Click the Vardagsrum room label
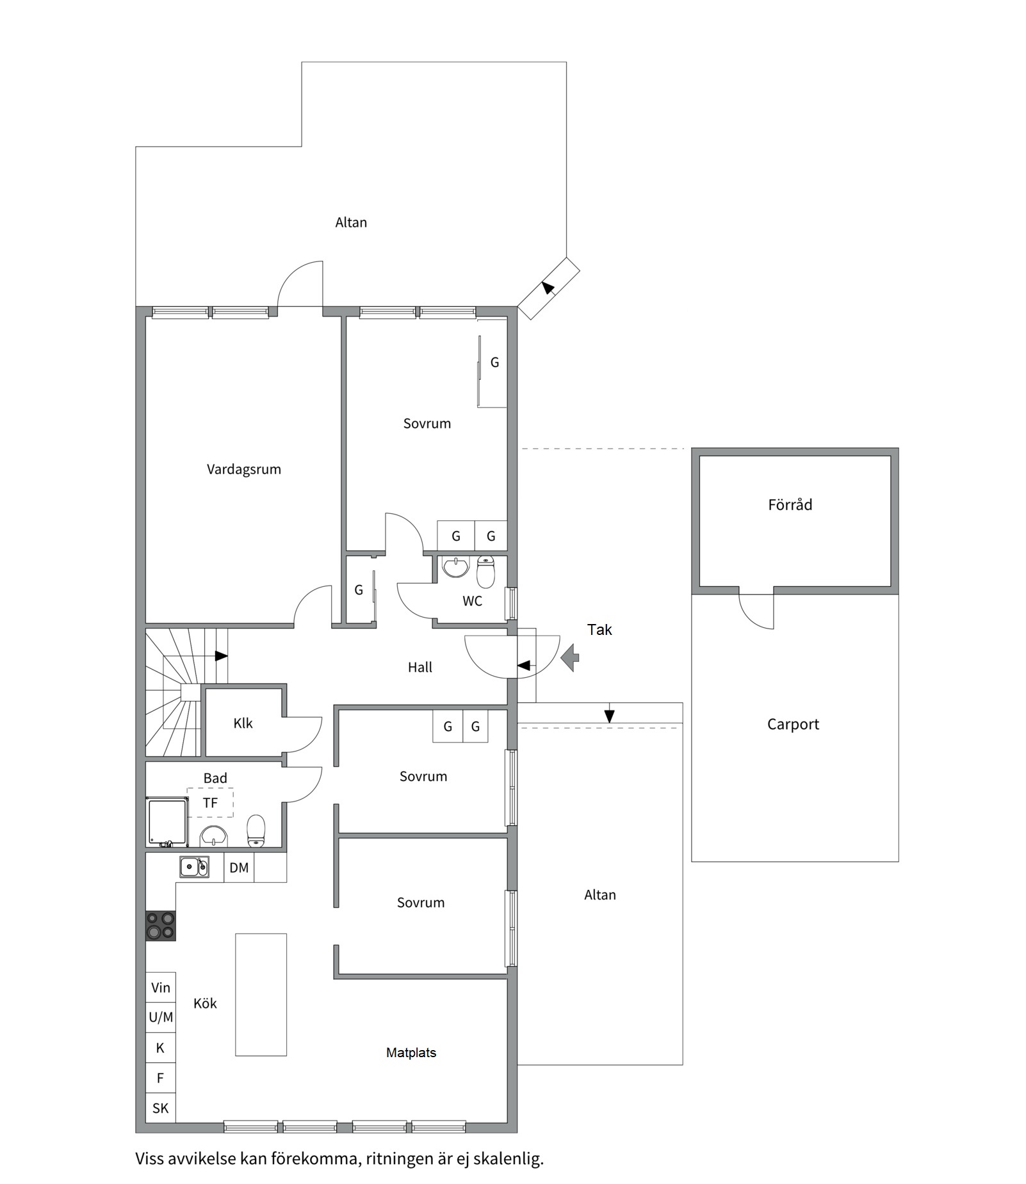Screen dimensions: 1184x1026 (x=243, y=469)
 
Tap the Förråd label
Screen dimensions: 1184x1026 (x=790, y=505)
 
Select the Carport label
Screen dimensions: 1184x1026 (x=793, y=725)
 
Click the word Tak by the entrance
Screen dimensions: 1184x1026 (x=599, y=630)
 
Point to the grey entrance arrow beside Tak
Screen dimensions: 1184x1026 (x=569, y=658)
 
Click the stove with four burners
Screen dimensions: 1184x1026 (x=161, y=926)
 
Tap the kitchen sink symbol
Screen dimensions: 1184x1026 (x=193, y=867)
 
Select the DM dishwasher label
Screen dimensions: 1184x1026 (x=239, y=868)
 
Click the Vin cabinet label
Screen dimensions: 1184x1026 (x=161, y=988)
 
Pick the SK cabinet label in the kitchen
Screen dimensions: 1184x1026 (x=161, y=1108)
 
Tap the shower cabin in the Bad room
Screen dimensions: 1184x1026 (x=167, y=821)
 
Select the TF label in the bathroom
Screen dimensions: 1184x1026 (x=210, y=803)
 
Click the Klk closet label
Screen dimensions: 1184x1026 (x=243, y=723)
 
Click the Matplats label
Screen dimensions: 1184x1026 (x=411, y=1053)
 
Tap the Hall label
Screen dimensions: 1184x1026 (x=420, y=668)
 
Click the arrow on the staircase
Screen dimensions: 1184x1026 (x=220, y=656)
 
